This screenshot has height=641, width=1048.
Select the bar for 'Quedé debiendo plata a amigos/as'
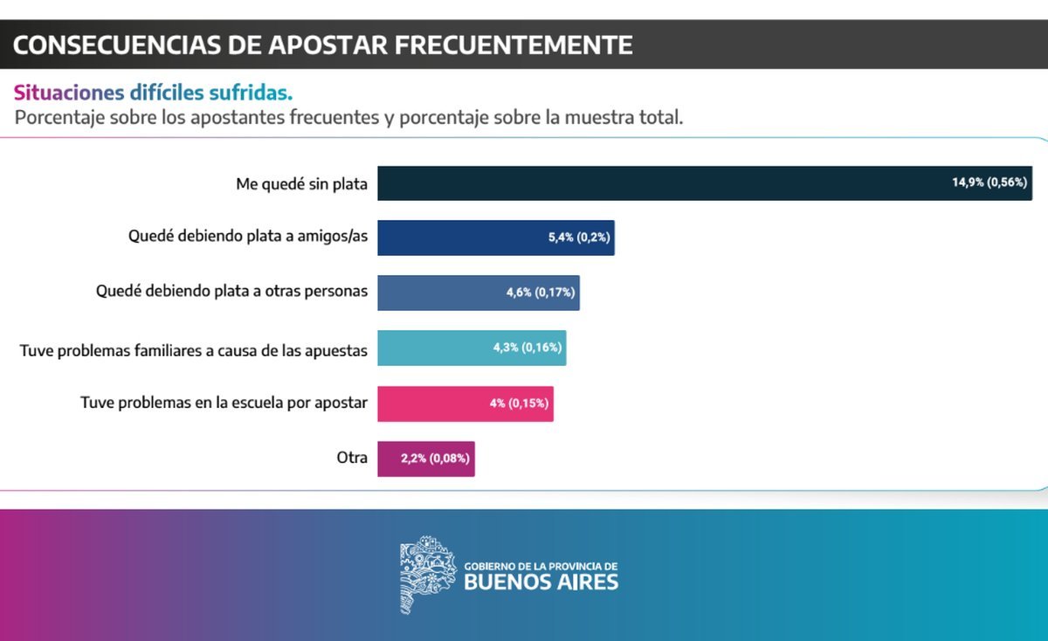coord(463,238)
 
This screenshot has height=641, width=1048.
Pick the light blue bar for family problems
coord(437,348)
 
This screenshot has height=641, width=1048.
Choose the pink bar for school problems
coord(432,403)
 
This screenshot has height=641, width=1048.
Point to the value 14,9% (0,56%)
coord(989,183)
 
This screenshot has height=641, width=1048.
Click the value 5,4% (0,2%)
coord(577,238)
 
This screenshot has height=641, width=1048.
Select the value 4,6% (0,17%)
coord(540,293)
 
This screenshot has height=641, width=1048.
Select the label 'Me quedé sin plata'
coord(301,184)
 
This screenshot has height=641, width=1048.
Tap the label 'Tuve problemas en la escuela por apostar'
coord(224,403)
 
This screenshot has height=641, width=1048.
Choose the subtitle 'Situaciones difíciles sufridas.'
coord(153,93)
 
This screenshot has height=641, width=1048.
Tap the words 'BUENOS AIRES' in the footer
coord(541,582)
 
